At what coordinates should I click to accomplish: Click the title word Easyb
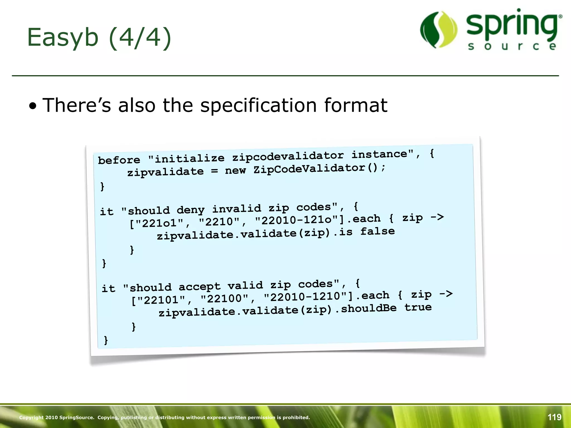pyautogui.click(x=63, y=38)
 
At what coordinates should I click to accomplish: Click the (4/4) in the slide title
pyautogui.click(x=140, y=38)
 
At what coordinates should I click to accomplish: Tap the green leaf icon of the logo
pyautogui.click(x=439, y=30)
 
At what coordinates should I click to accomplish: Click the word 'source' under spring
pyautogui.click(x=512, y=46)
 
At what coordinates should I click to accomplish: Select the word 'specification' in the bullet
pyautogui.click(x=258, y=106)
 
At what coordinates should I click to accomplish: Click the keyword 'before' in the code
pyautogui.click(x=119, y=160)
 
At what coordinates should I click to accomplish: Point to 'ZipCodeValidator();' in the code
pyautogui.click(x=319, y=168)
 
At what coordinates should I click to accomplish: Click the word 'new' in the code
pyautogui.click(x=235, y=170)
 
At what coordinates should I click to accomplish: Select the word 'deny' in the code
pyautogui.click(x=191, y=210)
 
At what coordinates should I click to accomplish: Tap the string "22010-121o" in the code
pyautogui.click(x=296, y=220)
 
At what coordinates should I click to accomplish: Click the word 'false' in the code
pyautogui.click(x=378, y=231)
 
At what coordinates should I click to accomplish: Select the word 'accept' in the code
pyautogui.click(x=199, y=286)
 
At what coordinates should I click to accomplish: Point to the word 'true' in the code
pyautogui.click(x=418, y=307)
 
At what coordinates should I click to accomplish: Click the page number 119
pyautogui.click(x=554, y=417)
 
